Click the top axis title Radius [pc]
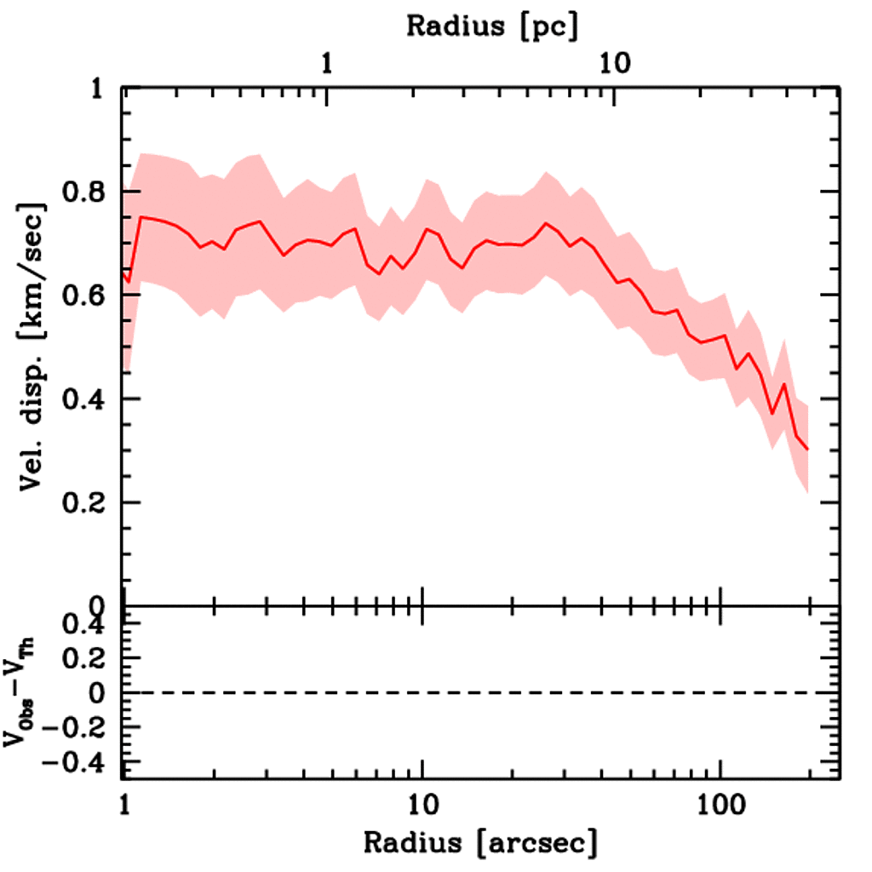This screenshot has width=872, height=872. [x=492, y=26]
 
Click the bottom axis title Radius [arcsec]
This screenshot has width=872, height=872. [x=480, y=844]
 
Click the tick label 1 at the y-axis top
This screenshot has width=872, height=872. [x=100, y=89]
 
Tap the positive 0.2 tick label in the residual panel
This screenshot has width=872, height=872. [x=84, y=659]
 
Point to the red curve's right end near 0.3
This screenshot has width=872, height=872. [x=806, y=449]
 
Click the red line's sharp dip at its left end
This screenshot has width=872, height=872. [x=129, y=280]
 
